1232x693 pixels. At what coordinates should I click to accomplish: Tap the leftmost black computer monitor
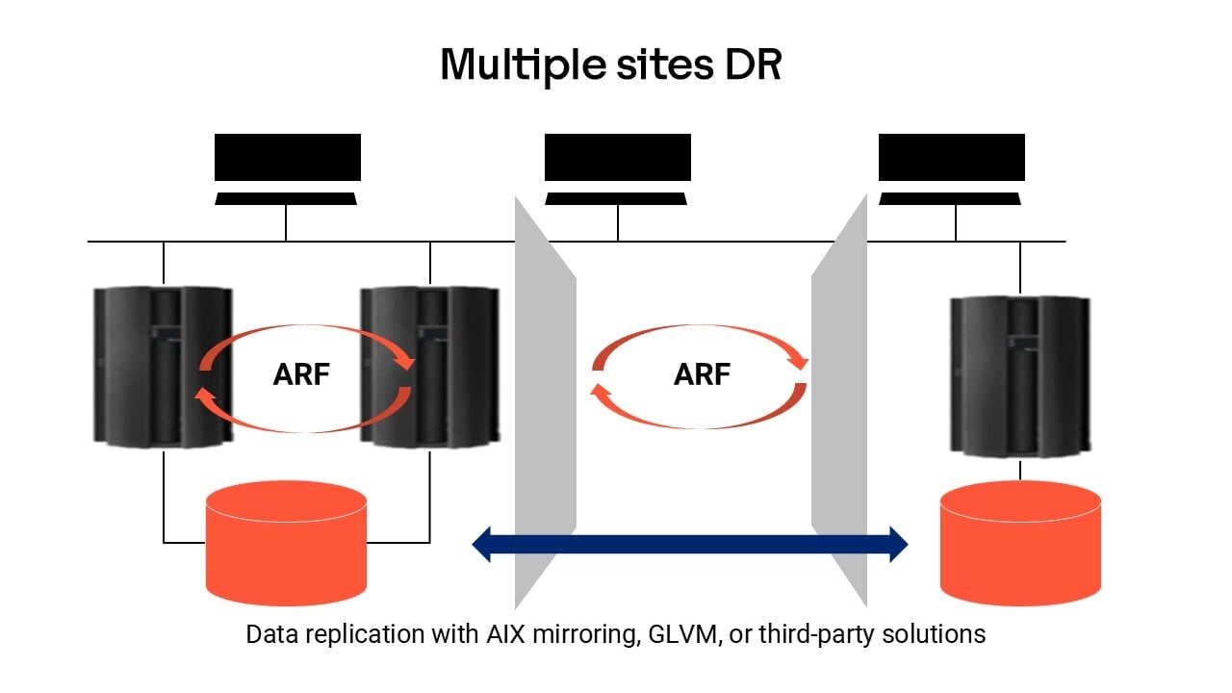[x=287, y=158]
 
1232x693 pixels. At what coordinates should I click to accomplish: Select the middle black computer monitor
[x=617, y=158]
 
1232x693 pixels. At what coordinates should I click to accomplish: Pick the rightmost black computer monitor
[x=951, y=158]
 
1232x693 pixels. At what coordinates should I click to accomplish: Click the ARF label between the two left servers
[x=303, y=375]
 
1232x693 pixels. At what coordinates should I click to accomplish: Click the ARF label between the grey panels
[x=702, y=375]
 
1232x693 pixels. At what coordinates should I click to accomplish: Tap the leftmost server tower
[x=162, y=366]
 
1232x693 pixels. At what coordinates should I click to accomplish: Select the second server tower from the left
[x=430, y=366]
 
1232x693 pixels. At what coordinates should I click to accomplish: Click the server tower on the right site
[x=1020, y=375]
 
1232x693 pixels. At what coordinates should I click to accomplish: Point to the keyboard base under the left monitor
[x=287, y=198]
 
